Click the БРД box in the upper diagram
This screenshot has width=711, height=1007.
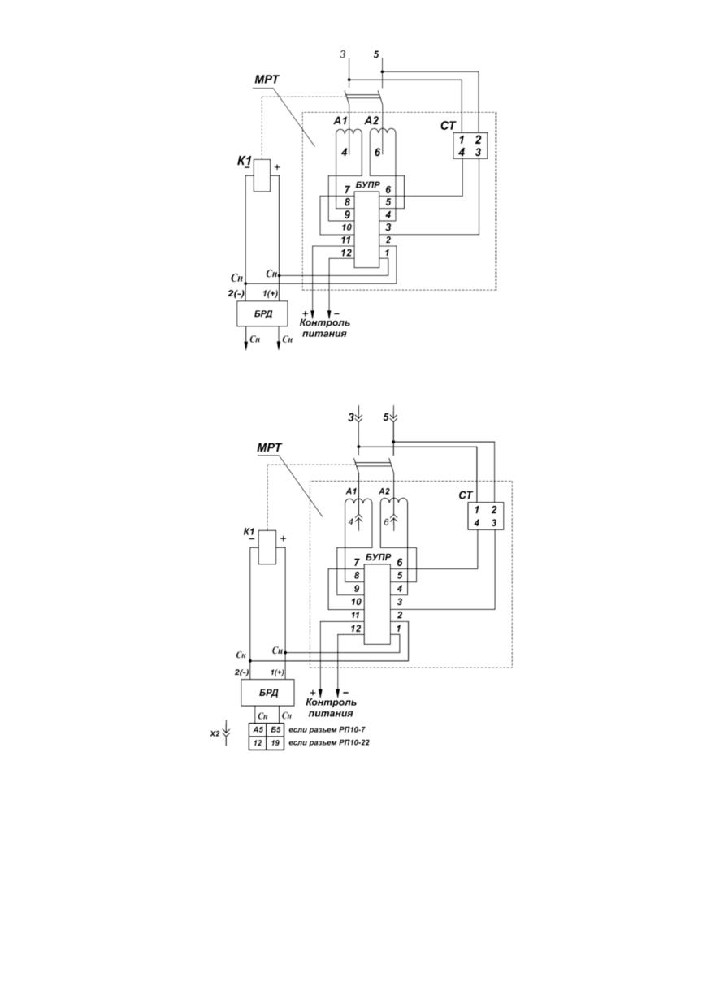[x=262, y=313]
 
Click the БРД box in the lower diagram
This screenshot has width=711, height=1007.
[x=267, y=692]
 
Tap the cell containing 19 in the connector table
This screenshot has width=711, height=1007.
[x=275, y=743]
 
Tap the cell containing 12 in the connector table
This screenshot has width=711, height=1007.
[x=258, y=743]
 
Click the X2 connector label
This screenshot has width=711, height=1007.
[x=215, y=733]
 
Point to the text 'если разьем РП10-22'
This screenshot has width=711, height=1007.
[x=329, y=742]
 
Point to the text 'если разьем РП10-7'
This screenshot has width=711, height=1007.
[x=327, y=730]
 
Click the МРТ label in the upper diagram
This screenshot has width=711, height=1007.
[x=267, y=80]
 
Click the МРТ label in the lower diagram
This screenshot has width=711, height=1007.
[x=270, y=447]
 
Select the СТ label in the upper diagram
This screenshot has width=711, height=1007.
[x=448, y=126]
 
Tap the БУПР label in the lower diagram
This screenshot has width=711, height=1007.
[x=378, y=557]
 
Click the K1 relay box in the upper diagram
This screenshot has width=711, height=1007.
[x=262, y=175]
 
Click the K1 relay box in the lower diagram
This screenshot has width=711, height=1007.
[x=267, y=547]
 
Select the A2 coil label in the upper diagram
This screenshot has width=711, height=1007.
[x=372, y=120]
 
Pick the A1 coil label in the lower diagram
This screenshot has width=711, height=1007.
[x=352, y=491]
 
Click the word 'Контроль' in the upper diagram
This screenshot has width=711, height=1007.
[x=325, y=322]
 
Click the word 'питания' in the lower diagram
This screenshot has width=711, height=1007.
[x=331, y=714]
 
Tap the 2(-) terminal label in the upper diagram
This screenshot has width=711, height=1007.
[x=236, y=293]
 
